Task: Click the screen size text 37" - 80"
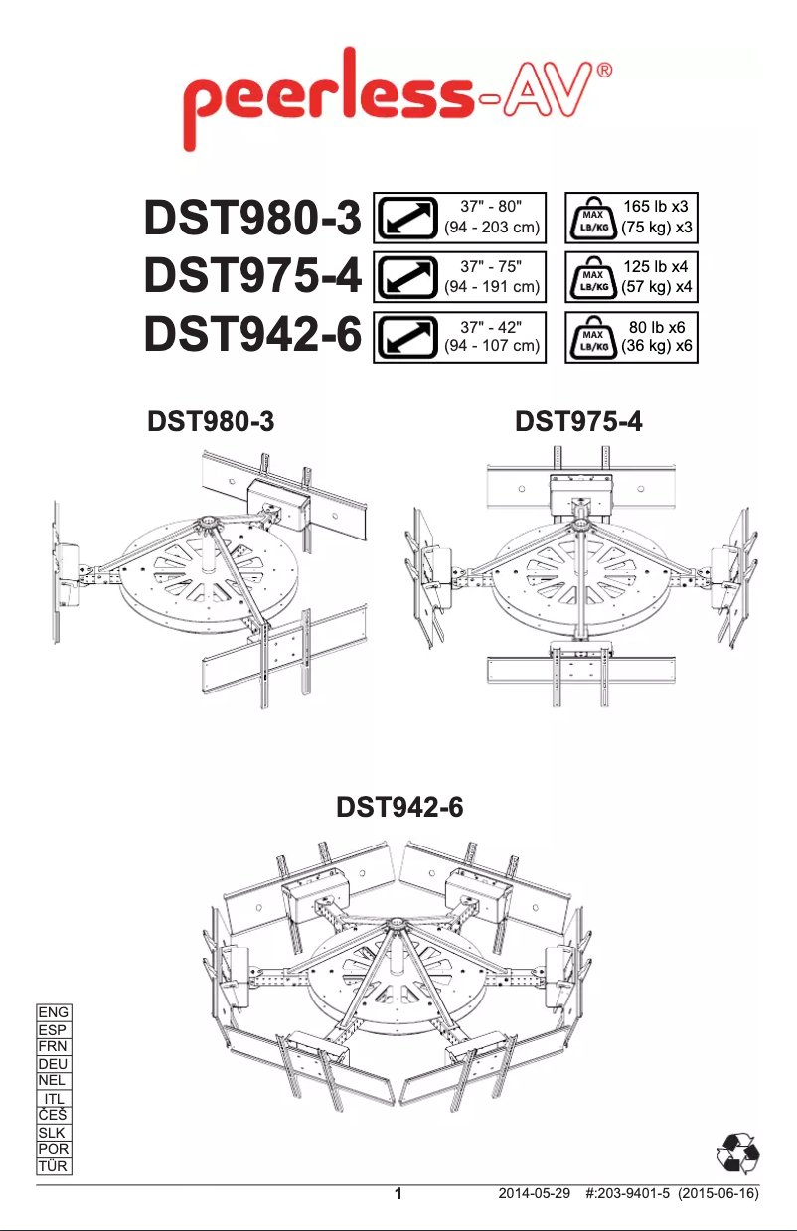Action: pos(490,207)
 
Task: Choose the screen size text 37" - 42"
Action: pos(490,325)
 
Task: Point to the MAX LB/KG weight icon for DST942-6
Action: pos(593,336)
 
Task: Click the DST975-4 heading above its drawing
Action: pos(579,423)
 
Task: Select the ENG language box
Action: pos(53,1012)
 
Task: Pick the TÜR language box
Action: pos(53,1166)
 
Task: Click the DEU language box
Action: pos(53,1064)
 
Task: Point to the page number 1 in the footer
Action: pos(398,1195)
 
